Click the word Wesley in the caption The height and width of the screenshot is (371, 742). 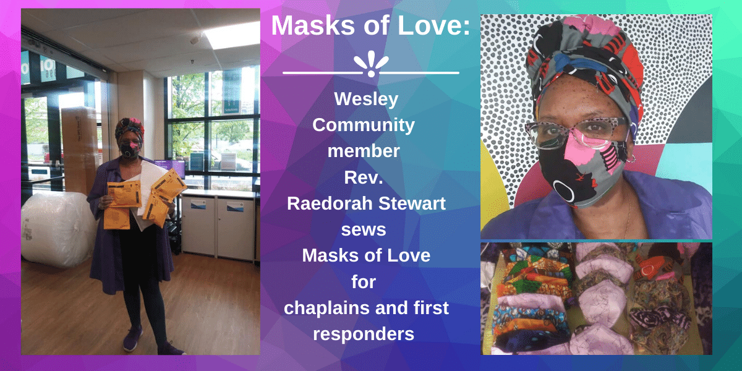pyautogui.click(x=366, y=99)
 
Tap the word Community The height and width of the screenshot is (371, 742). pyautogui.click(x=364, y=126)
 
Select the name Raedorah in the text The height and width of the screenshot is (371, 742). pyautogui.click(x=330, y=203)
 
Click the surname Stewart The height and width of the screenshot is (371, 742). pyautogui.click(x=412, y=203)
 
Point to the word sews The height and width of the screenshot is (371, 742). pyautogui.click(x=364, y=229)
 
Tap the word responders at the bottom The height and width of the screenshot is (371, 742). pyautogui.click(x=364, y=335)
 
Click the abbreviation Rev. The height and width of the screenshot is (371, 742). pyautogui.click(x=364, y=177)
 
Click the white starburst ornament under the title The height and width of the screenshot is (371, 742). pyautogui.click(x=371, y=64)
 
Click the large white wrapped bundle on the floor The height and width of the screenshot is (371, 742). pyautogui.click(x=56, y=229)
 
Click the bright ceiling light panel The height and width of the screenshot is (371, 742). pyautogui.click(x=232, y=35)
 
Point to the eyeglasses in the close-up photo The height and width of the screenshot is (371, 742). pyautogui.click(x=576, y=133)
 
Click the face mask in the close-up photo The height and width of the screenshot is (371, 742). pyautogui.click(x=584, y=173)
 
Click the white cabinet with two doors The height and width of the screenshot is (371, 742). pyautogui.click(x=217, y=225)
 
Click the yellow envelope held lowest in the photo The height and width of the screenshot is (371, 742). pyautogui.click(x=117, y=218)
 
